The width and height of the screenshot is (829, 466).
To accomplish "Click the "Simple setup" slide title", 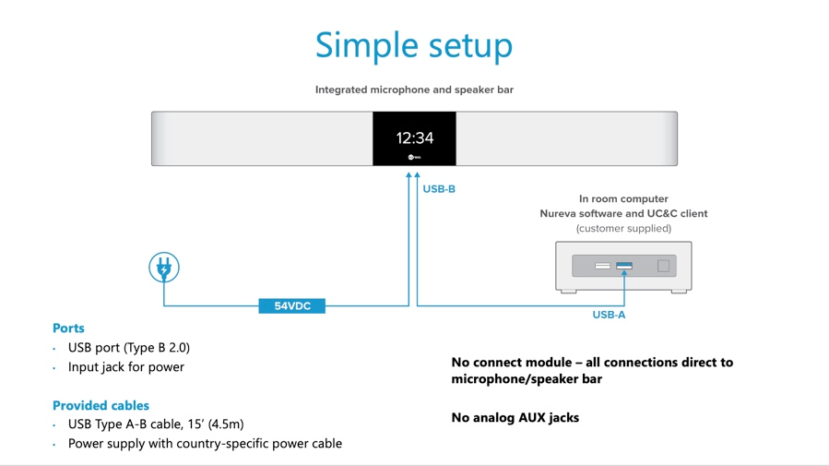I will (414, 44).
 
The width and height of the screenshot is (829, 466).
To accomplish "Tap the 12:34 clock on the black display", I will (414, 138).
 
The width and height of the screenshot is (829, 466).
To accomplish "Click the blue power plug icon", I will (164, 268).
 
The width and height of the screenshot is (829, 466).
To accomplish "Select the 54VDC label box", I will (292, 305).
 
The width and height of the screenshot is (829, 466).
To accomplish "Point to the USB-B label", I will (439, 189).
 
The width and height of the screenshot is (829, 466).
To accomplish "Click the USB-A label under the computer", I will (609, 315).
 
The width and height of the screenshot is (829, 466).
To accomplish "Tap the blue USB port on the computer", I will (624, 266).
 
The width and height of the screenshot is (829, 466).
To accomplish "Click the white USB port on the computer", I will (602, 266).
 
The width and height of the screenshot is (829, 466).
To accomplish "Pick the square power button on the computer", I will (663, 266).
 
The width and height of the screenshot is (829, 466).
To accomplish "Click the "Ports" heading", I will (68, 328).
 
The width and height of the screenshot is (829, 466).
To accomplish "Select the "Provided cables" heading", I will (101, 405).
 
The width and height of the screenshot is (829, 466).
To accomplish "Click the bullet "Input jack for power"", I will (126, 366).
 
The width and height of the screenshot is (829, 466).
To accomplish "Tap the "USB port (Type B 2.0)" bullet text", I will (129, 347).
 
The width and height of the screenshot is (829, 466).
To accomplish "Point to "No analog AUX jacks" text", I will (515, 417).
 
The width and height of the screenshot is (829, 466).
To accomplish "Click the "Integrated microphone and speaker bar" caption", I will (414, 90).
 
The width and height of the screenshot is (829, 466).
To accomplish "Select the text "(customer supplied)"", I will (623, 228).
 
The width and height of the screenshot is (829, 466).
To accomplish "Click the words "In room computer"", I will (623, 198).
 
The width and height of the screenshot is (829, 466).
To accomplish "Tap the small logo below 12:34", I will (414, 157).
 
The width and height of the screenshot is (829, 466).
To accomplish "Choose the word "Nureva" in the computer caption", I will (559, 213).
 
